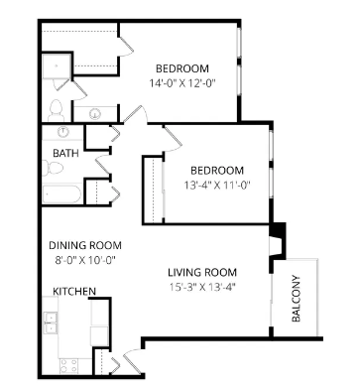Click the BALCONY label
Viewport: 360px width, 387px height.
click(x=297, y=299)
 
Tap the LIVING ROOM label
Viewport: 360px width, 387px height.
click(x=202, y=273)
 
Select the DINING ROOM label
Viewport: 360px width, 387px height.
click(x=85, y=245)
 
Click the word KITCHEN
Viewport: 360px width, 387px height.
click(x=74, y=292)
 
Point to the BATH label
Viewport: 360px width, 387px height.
click(x=65, y=153)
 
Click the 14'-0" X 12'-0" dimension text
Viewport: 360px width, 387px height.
click(x=182, y=83)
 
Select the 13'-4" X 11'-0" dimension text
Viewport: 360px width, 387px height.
click(x=217, y=185)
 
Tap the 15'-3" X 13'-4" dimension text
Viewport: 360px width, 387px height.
click(x=202, y=287)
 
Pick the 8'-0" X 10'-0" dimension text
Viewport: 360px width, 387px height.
click(x=85, y=260)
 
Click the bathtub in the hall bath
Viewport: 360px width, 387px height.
click(x=62, y=194)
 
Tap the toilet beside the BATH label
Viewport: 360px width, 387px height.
click(x=53, y=168)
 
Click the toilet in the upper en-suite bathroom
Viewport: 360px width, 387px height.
click(x=56, y=111)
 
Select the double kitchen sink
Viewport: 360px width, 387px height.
click(x=51, y=322)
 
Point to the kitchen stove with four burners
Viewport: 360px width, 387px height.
click(x=69, y=366)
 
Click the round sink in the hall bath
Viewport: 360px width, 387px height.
click(x=62, y=132)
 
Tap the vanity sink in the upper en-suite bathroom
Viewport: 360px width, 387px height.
click(x=95, y=114)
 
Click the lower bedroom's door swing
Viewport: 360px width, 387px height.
click(x=173, y=140)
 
